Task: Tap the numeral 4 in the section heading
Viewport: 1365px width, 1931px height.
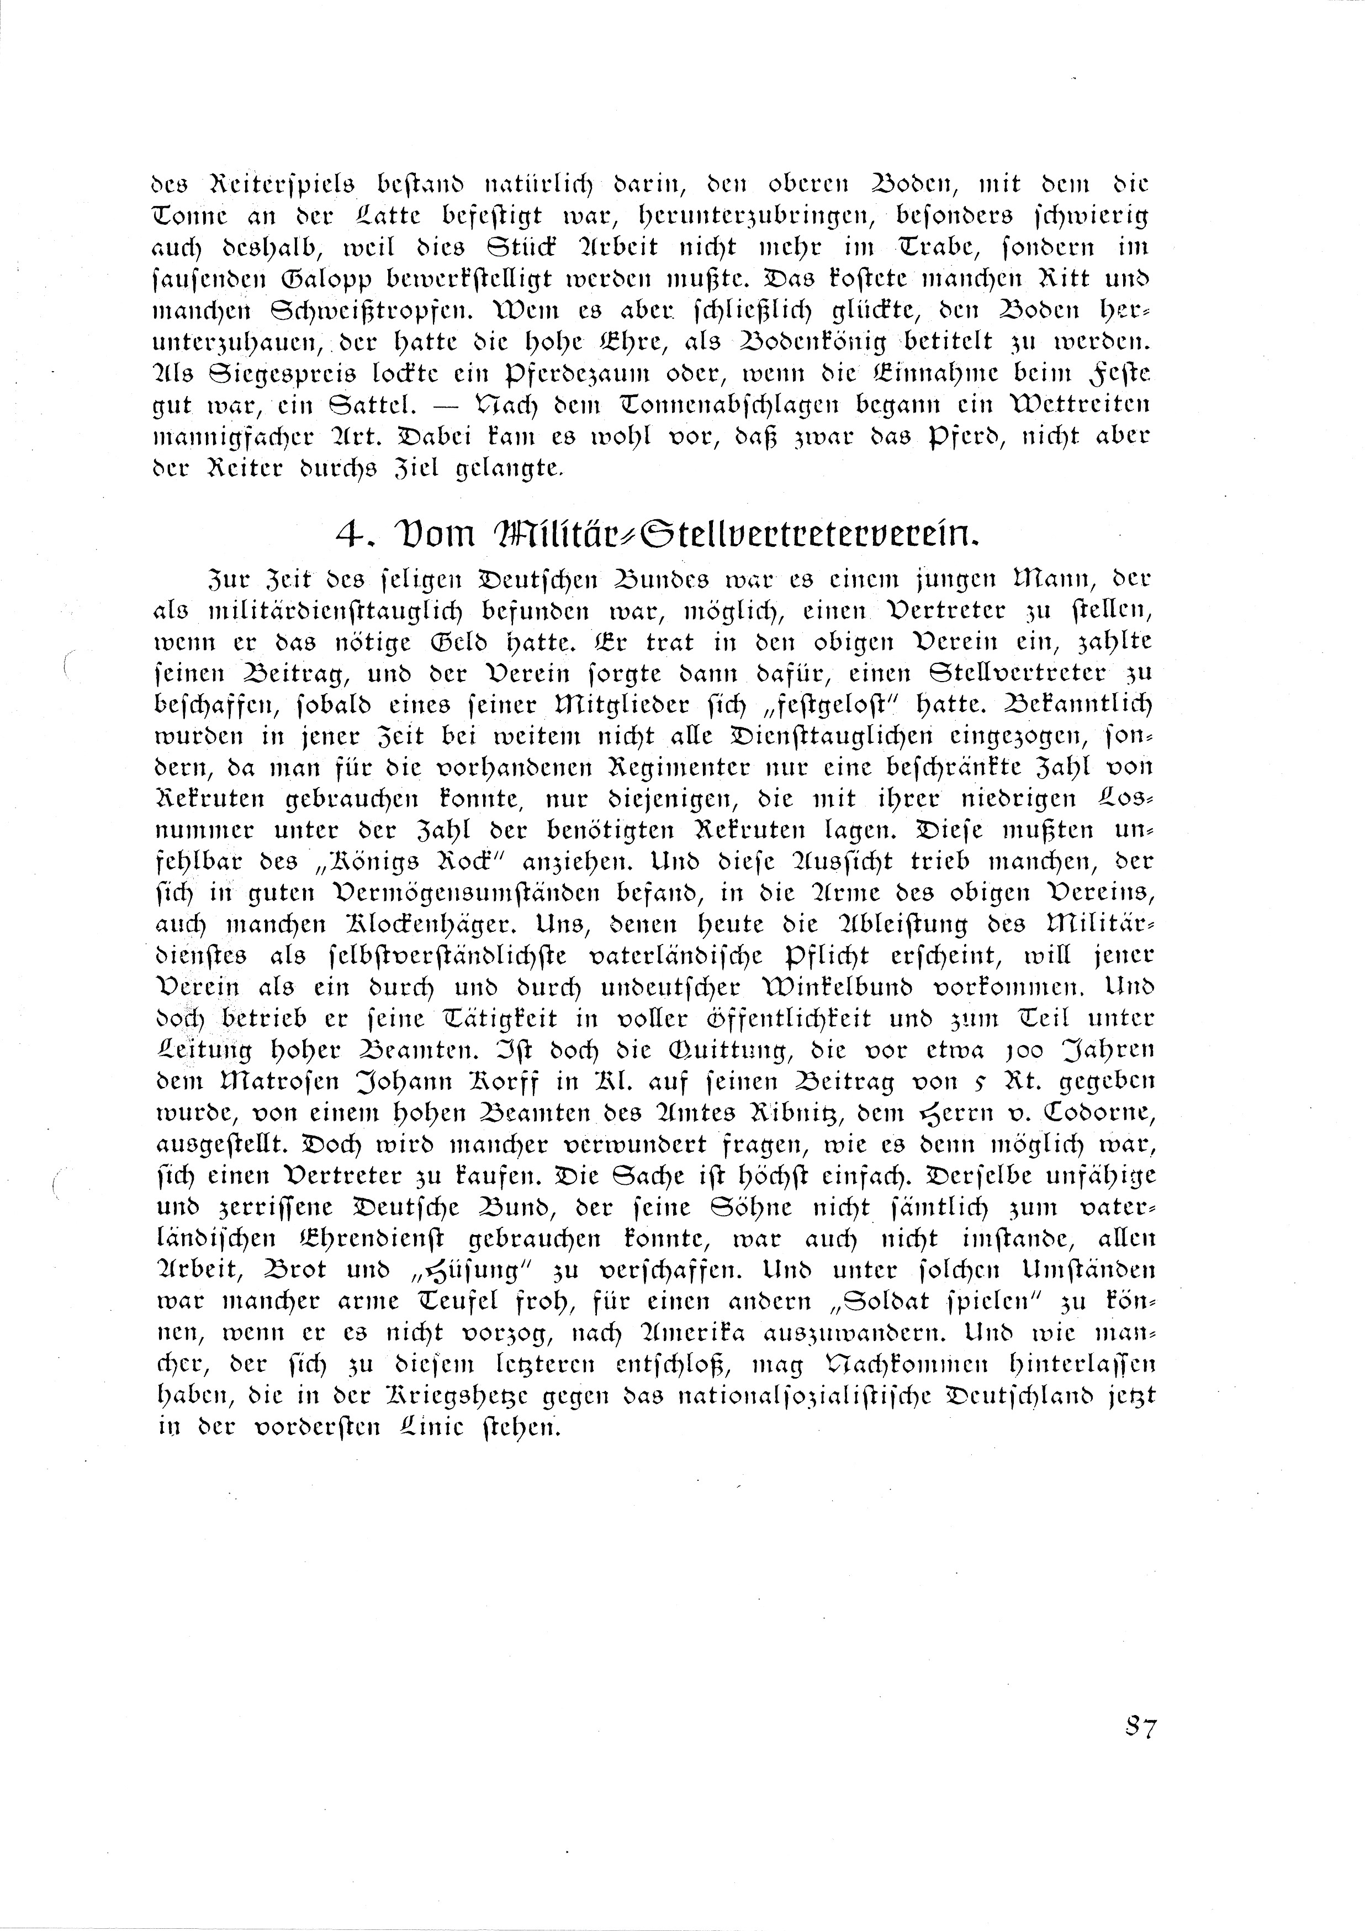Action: pos(347,533)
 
